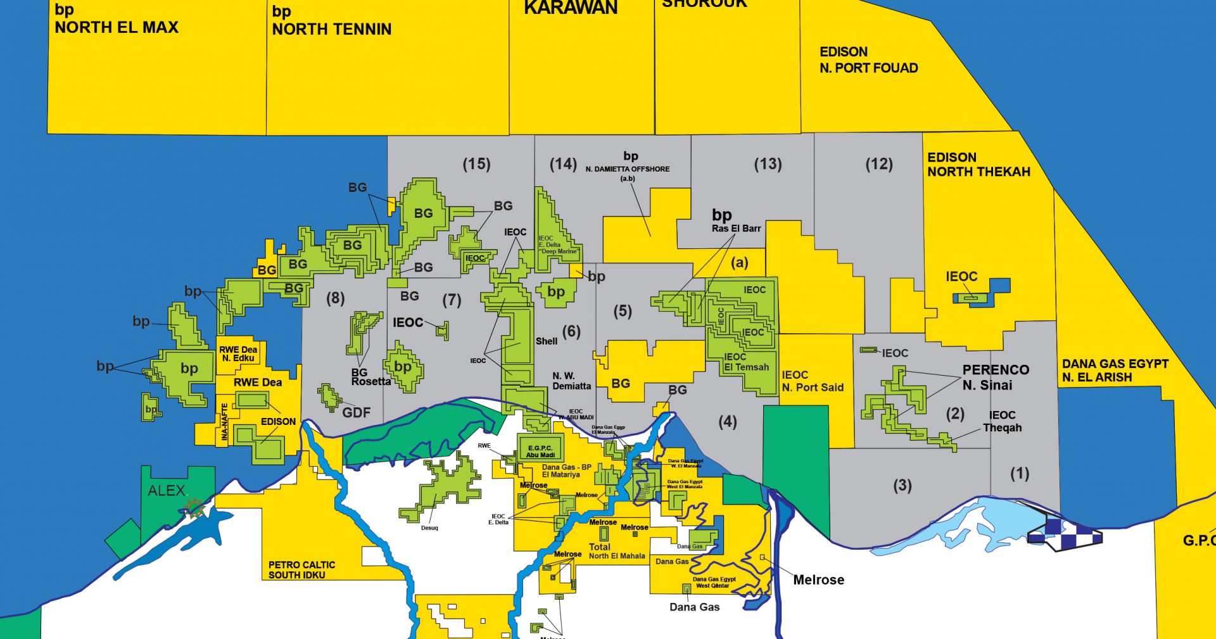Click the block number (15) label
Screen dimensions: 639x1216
pos(476,165)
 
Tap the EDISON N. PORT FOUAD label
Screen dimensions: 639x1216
pos(868,60)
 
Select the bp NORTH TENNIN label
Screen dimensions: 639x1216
pos(331,21)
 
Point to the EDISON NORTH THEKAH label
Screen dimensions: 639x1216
pos(978,165)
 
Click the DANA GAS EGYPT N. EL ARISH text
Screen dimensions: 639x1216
pos(1115,370)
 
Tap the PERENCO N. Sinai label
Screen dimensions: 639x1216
pos(995,377)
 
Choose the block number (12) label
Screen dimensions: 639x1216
pos(879,165)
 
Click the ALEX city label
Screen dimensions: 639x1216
pos(167,490)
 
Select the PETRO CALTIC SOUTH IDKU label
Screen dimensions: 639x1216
pos(301,569)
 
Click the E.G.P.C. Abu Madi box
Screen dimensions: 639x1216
pos(540,451)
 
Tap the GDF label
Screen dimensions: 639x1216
pos(356,413)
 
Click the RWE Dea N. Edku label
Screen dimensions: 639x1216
pos(238,353)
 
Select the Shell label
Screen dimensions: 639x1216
pos(547,341)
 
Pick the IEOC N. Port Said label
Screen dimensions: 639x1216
pos(813,381)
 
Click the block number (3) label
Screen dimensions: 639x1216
pos(902,486)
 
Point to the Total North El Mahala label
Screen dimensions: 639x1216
pos(616,551)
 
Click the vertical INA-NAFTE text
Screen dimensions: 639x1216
pos(224,422)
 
